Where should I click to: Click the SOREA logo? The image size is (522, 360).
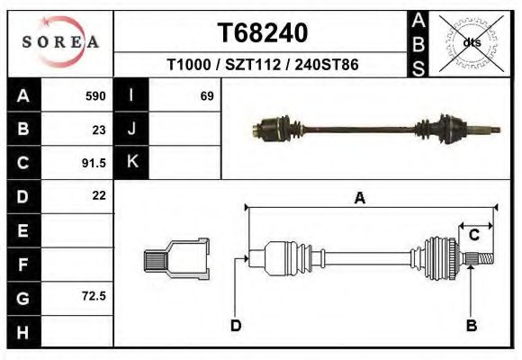click(x=60, y=42)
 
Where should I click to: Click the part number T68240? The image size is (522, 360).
click(x=263, y=33)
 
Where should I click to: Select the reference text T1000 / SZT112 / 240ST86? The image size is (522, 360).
click(x=263, y=66)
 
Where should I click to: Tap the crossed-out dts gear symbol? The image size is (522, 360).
click(x=471, y=41)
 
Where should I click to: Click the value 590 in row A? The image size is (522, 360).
click(x=95, y=96)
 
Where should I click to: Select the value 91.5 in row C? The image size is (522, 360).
click(x=94, y=163)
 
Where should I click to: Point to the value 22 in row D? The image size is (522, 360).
click(x=99, y=195)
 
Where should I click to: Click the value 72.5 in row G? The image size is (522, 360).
click(x=94, y=296)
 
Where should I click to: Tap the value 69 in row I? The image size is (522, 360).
click(x=206, y=96)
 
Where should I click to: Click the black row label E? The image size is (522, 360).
click(x=22, y=230)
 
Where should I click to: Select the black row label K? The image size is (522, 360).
click(x=131, y=163)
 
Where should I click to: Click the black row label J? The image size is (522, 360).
click(x=131, y=130)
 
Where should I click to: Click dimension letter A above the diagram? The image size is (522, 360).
click(x=359, y=199)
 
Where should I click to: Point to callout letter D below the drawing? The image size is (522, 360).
click(x=235, y=325)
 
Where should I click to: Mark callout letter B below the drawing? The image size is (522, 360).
click(x=470, y=325)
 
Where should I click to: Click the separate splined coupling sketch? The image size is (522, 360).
click(x=177, y=259)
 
